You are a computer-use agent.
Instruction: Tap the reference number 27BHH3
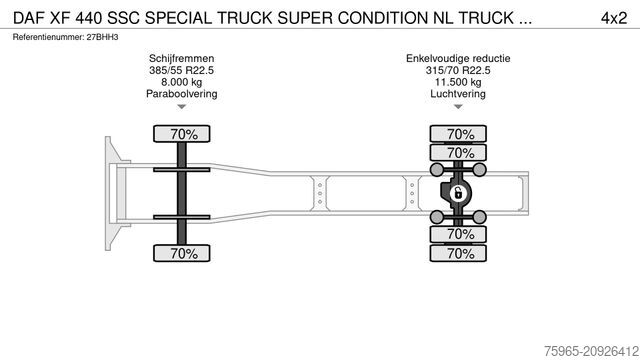point(105,37)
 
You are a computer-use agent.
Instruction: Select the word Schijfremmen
point(181,60)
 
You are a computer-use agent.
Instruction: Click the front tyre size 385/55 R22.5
point(181,72)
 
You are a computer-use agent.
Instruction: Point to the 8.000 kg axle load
point(181,83)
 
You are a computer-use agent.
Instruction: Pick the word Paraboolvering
point(181,94)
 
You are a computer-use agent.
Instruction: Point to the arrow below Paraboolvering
point(181,107)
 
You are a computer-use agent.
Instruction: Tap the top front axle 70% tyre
point(181,133)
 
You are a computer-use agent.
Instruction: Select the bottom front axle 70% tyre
point(181,254)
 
